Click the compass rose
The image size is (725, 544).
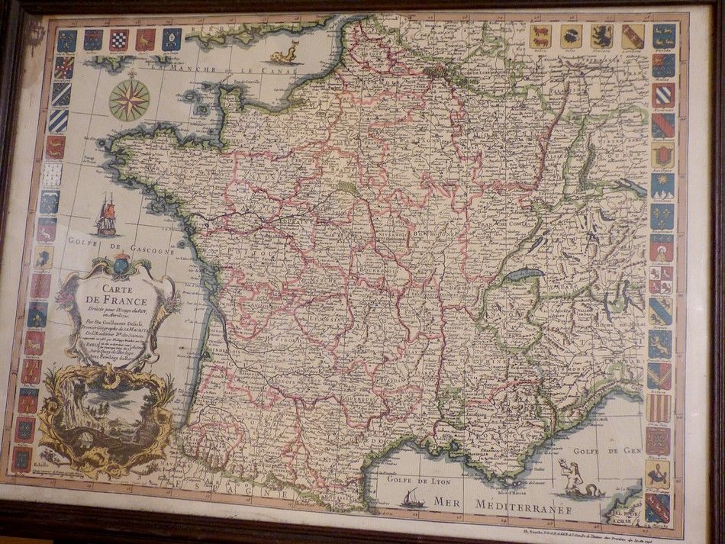(129, 100)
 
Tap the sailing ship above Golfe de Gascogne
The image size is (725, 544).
(106, 216)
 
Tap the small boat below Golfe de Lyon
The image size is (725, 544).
(416, 499)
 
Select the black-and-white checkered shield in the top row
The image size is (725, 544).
(118, 40)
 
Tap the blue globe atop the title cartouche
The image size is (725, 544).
(121, 266)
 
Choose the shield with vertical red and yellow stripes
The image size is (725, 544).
(658, 408)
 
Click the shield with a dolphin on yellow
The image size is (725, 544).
(656, 473)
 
